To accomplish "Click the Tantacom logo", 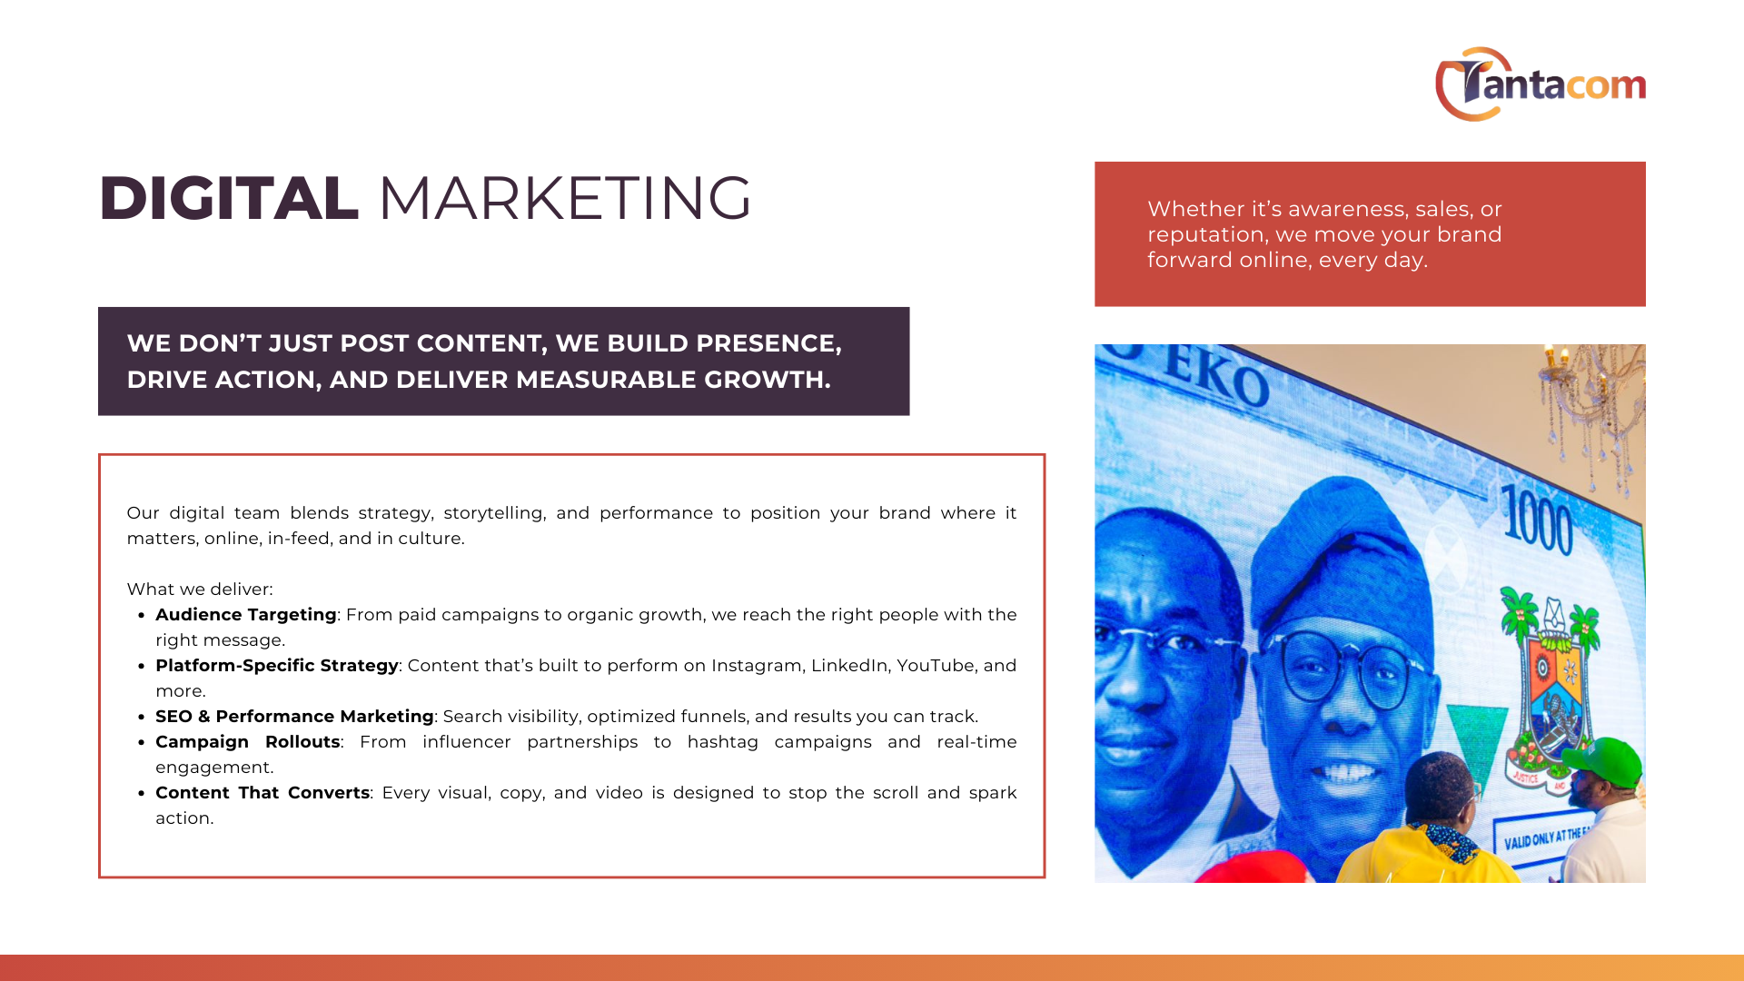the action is (1541, 84).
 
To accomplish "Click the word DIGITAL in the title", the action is (229, 198).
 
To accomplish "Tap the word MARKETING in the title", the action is (565, 198).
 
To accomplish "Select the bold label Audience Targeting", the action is (246, 615).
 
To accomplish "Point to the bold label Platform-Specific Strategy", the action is (277, 666).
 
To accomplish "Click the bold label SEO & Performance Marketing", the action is (294, 717).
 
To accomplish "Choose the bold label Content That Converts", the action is (263, 793).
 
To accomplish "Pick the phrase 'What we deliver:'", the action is (200, 590).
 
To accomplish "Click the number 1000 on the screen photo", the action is (1537, 520).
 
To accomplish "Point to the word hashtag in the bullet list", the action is (723, 742).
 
